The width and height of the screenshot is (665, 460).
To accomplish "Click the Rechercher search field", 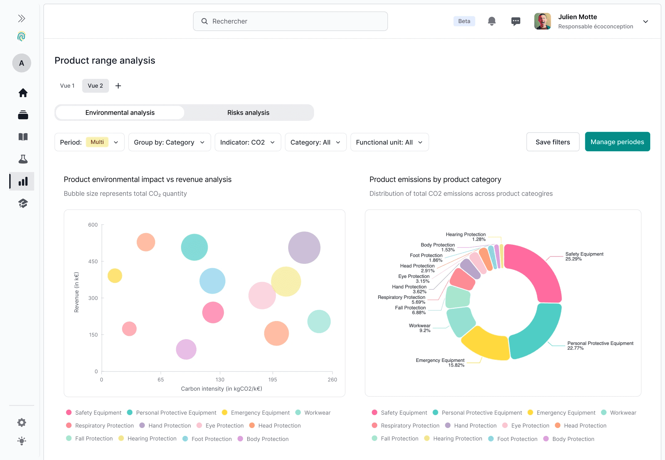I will point(290,21).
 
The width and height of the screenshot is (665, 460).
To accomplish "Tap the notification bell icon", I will point(492,21).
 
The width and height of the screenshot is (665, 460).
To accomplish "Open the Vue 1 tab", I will point(67,86).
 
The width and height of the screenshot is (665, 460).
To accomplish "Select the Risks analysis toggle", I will point(248,113).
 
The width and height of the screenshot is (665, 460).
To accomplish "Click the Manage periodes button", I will point(617,142).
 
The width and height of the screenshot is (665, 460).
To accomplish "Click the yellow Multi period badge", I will point(97,142).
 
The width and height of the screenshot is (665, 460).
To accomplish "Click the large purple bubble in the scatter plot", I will point(304,248).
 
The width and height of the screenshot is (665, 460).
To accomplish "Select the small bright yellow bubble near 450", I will point(115,276).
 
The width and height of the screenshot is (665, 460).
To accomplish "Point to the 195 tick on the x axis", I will point(272,379).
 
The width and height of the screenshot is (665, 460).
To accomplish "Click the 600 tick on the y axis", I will point(93,225).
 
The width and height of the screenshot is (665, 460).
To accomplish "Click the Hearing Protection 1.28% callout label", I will point(465,237).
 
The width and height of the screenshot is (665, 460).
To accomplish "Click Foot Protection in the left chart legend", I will point(211,439).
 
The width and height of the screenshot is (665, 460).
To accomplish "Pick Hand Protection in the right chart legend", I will point(475,426).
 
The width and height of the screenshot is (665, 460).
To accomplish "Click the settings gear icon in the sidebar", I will point(22,422).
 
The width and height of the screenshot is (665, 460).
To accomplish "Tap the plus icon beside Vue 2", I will point(118,86).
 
